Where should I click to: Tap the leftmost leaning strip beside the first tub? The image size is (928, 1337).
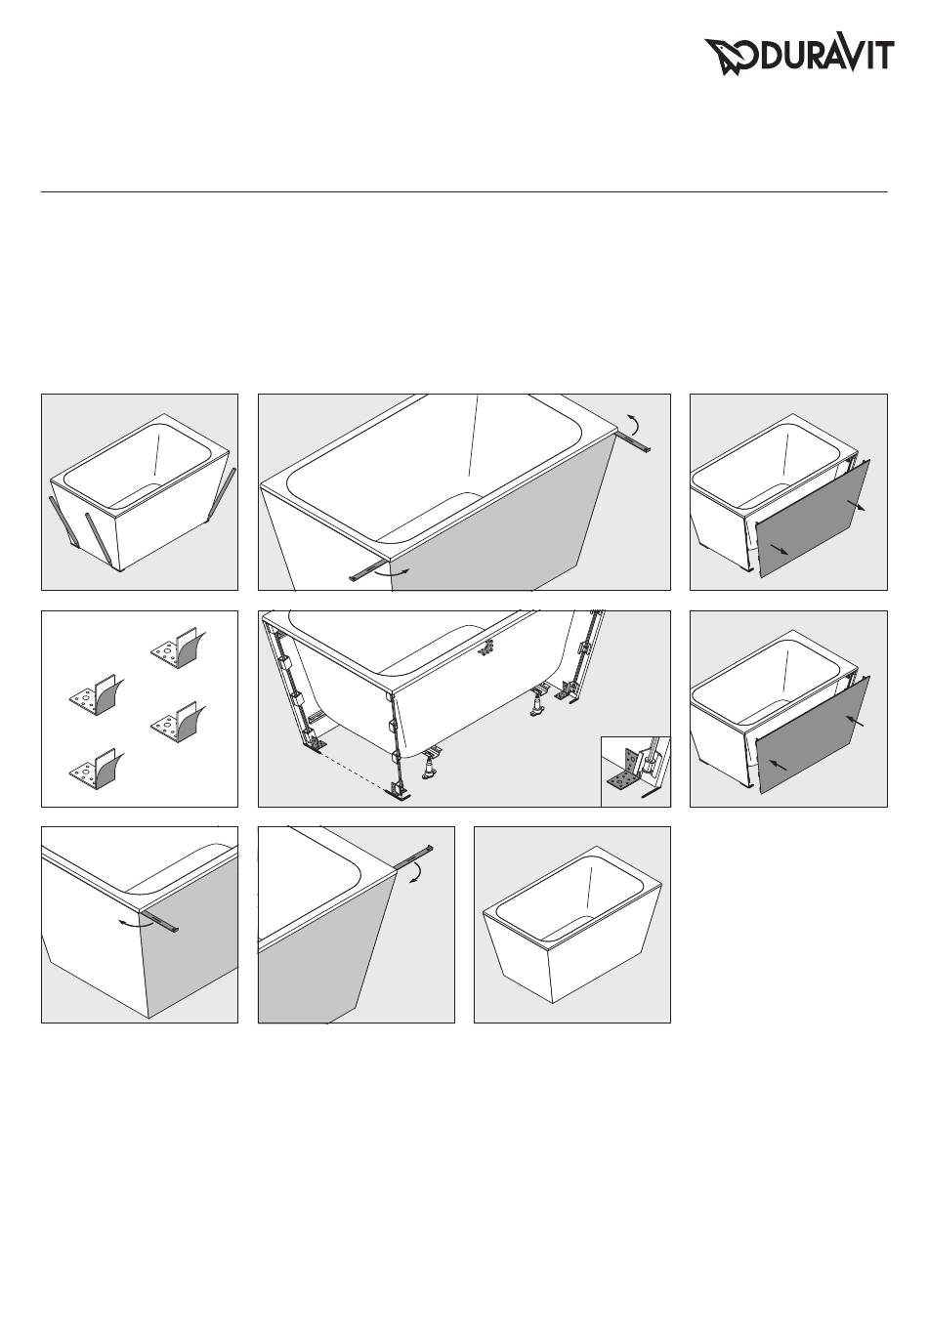tap(63, 520)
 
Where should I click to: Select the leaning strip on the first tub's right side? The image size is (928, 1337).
tap(222, 491)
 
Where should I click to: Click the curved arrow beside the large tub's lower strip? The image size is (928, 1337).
tap(393, 572)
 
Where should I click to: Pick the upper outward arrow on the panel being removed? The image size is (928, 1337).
tap(856, 505)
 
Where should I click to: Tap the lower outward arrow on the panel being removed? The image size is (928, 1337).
tap(779, 549)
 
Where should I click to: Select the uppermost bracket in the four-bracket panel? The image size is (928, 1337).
tap(178, 648)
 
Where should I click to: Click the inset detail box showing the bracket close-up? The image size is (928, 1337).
tap(635, 772)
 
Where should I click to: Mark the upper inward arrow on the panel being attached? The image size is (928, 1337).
tap(855, 722)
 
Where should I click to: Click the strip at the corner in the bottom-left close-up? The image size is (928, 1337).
tap(160, 920)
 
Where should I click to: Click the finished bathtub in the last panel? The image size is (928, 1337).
tap(571, 924)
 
